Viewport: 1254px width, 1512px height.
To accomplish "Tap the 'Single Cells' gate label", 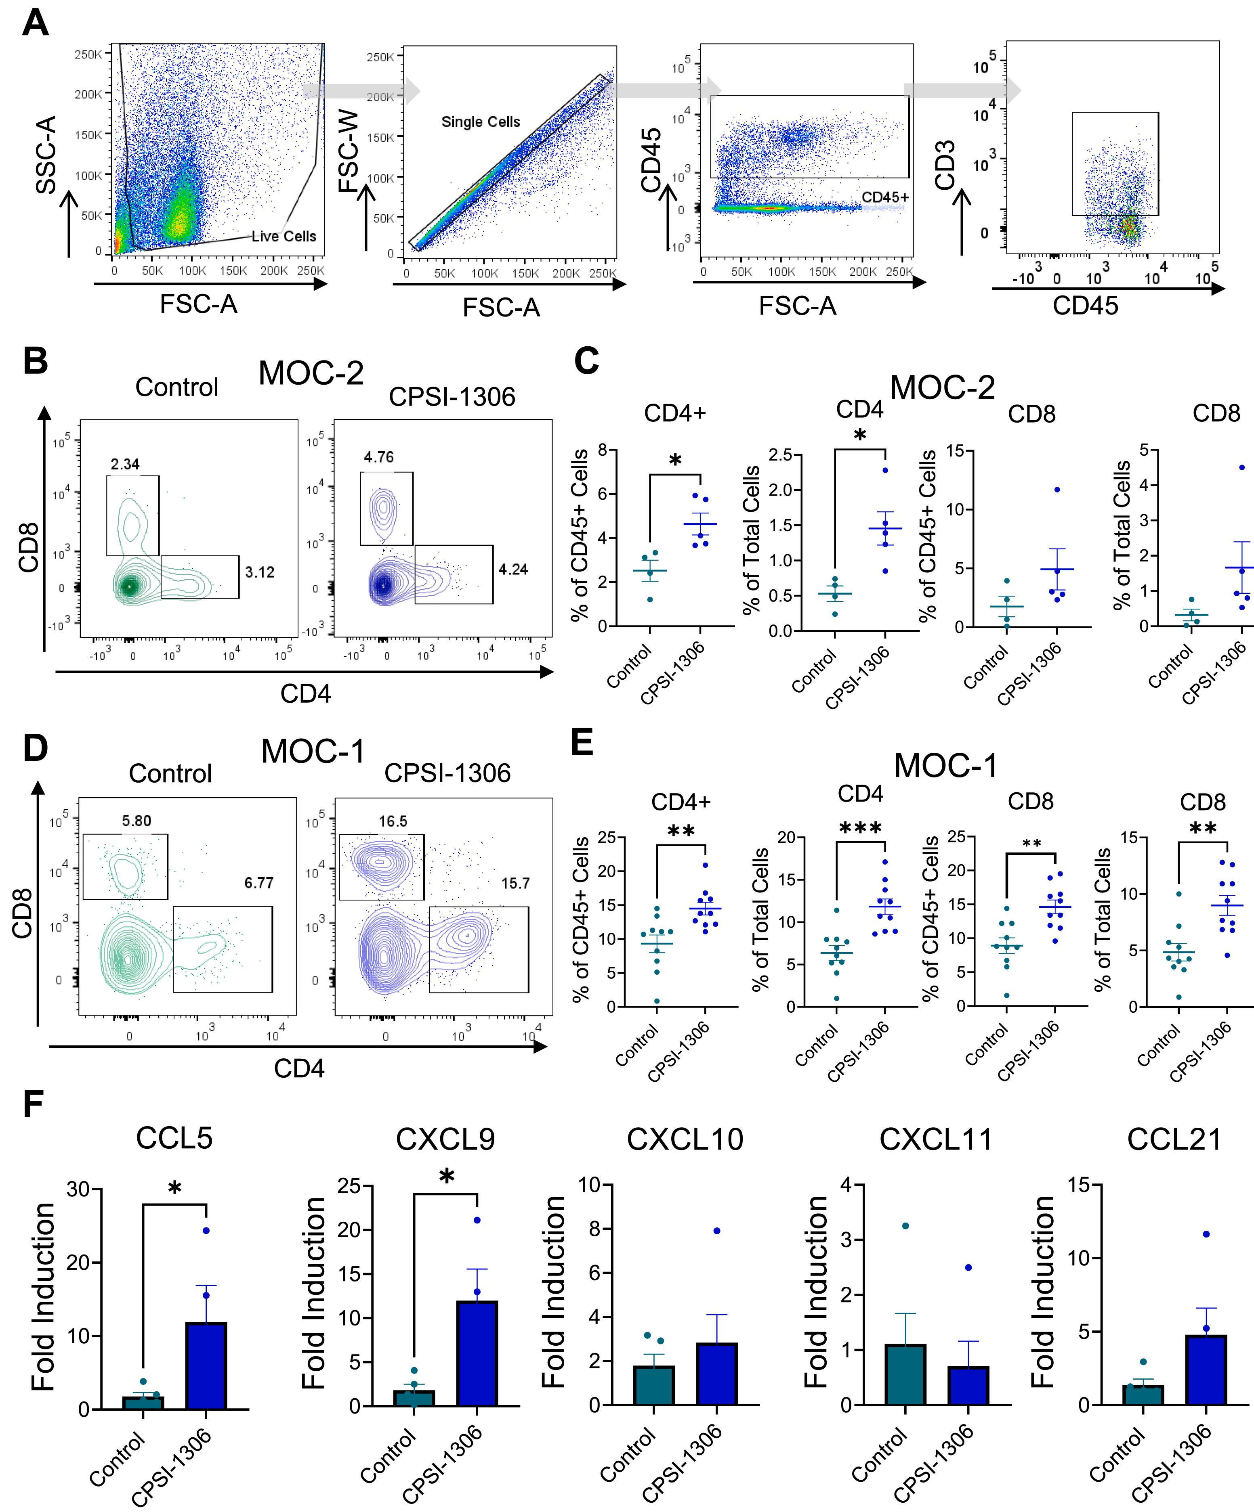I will click(x=481, y=121).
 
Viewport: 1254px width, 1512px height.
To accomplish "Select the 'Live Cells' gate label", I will click(x=284, y=236).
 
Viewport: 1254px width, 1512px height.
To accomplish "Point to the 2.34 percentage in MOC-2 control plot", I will click(x=125, y=465).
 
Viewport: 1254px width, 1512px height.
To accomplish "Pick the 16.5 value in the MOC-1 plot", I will click(x=393, y=821).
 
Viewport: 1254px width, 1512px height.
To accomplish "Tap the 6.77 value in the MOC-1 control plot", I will click(x=258, y=883).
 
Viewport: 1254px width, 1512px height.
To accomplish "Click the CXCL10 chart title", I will click(x=685, y=1139).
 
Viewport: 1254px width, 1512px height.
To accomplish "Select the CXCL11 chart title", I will click(x=936, y=1139).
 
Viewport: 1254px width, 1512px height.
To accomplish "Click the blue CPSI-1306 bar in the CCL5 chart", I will click(x=206, y=1365).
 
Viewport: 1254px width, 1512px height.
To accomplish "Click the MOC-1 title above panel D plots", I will click(x=313, y=752).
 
